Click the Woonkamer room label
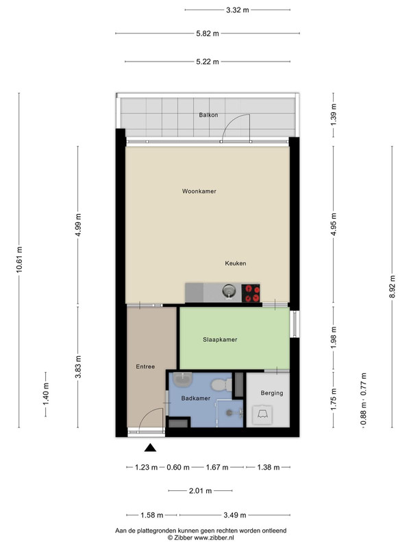(199, 191)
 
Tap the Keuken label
(235, 263)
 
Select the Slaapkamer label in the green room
(220, 339)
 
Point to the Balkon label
(209, 115)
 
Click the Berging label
(271, 393)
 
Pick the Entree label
(145, 366)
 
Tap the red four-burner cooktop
(251, 293)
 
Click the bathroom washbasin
(183, 379)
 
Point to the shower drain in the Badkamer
(229, 413)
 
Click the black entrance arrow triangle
(150, 448)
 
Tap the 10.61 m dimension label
(19, 260)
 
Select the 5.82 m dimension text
(208, 34)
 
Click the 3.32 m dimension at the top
(237, 10)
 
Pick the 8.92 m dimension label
(392, 286)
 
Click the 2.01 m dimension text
(200, 491)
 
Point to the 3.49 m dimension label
(234, 515)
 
